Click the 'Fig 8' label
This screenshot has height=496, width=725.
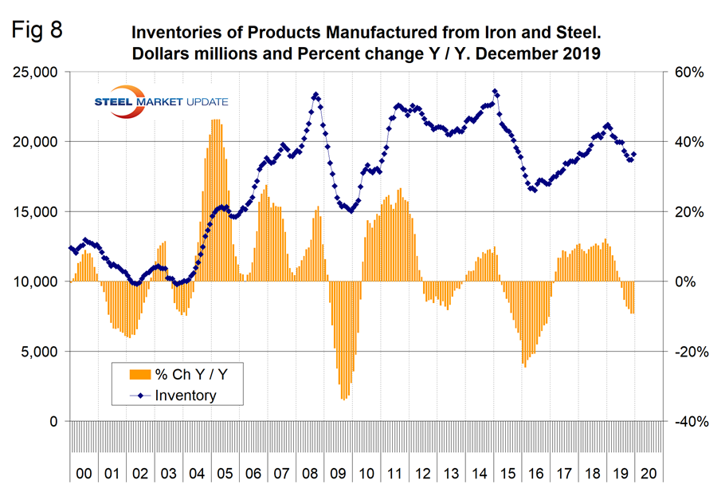click(37, 30)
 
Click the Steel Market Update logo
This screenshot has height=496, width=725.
click(159, 101)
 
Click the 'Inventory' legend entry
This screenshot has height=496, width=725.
click(185, 395)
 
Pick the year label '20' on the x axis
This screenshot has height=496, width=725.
click(648, 474)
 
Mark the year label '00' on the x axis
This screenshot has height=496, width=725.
click(84, 474)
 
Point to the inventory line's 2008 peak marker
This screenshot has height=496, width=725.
click(315, 95)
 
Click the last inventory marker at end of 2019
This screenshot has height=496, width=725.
click(633, 155)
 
